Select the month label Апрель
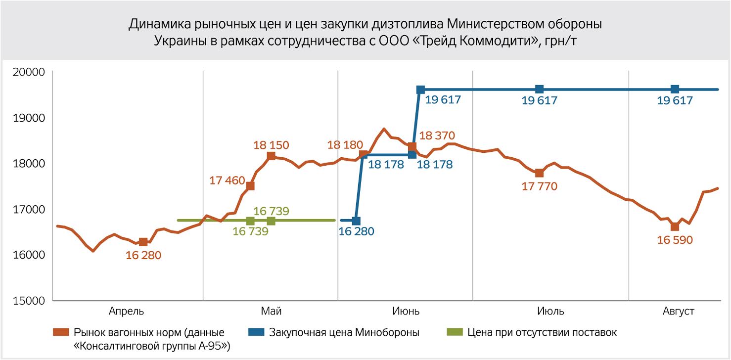(127, 312)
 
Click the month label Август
(678, 312)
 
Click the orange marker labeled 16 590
(675, 226)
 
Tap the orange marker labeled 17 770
(540, 173)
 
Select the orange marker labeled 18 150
(271, 156)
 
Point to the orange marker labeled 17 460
(250, 186)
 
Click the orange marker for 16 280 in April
(143, 242)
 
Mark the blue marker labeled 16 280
(356, 221)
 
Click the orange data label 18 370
(437, 135)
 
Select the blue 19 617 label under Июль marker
(540, 100)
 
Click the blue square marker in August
(675, 89)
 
